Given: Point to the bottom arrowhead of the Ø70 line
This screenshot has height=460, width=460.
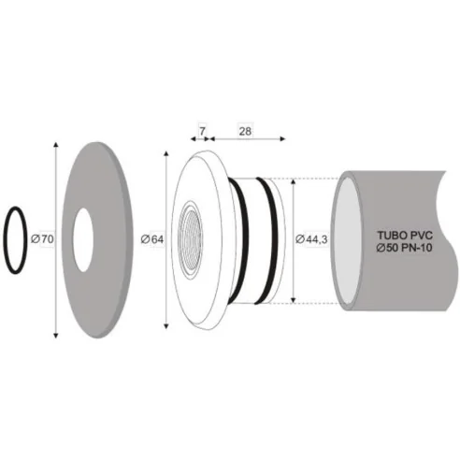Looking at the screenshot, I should click(55, 338).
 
